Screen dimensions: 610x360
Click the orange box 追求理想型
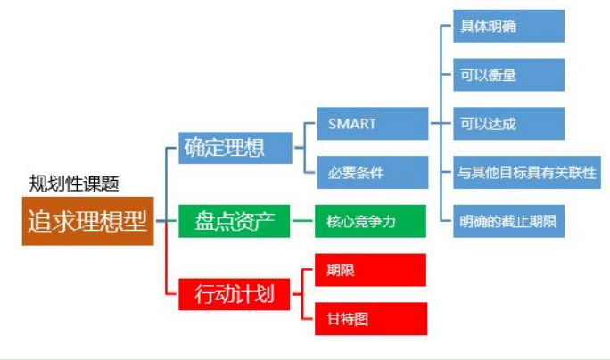[88, 221]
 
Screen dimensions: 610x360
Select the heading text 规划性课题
[74, 184]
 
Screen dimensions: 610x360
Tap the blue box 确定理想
[235, 148]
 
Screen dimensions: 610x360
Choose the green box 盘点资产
[235, 221]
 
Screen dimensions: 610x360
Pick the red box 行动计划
[235, 294]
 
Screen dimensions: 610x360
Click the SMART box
[373, 124]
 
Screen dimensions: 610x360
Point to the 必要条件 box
[373, 173]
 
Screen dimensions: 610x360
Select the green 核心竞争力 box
[370, 221]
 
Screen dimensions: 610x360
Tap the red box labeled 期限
[370, 270]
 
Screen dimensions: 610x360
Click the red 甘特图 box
[371, 319]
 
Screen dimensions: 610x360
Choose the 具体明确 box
[509, 26]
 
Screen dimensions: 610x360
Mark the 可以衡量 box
[509, 75]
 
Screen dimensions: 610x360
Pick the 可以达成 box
[509, 124]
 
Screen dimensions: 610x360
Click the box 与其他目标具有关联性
[527, 173]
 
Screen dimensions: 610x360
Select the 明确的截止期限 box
[509, 221]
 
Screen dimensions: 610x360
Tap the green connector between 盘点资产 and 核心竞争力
[302, 221]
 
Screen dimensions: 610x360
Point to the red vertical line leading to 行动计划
[166, 258]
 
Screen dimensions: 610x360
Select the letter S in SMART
[333, 124]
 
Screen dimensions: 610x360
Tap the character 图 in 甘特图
[361, 319]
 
